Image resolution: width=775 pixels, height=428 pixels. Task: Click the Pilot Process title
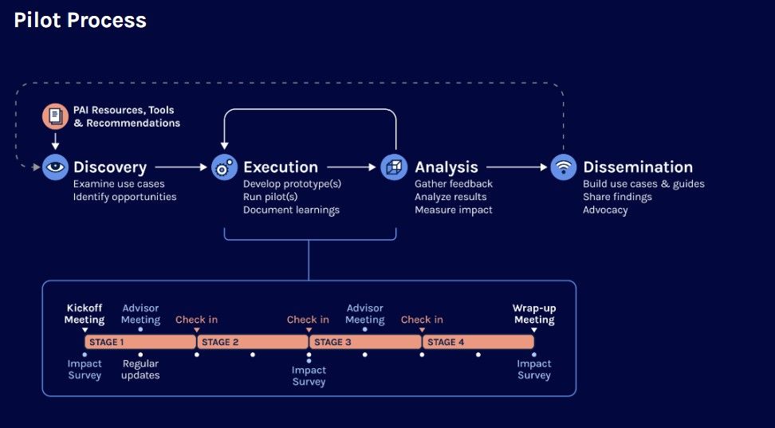click(x=80, y=20)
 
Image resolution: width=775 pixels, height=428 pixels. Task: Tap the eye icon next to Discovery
click(x=55, y=167)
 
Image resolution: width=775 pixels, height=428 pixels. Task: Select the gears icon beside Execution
click(x=224, y=167)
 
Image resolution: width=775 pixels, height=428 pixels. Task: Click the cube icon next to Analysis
click(x=394, y=167)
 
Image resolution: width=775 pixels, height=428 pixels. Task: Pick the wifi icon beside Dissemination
click(x=564, y=167)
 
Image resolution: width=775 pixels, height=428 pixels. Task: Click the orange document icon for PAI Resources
click(x=55, y=116)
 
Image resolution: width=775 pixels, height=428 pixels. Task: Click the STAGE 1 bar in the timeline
click(x=140, y=342)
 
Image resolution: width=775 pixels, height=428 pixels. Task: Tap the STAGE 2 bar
click(x=253, y=342)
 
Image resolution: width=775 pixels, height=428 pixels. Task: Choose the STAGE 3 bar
click(x=365, y=342)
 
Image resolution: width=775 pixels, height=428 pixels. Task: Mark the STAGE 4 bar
click(x=478, y=342)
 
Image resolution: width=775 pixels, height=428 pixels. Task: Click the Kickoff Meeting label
click(x=85, y=314)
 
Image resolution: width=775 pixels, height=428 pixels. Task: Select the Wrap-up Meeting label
click(x=534, y=314)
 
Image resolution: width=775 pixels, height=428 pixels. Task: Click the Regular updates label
click(x=141, y=370)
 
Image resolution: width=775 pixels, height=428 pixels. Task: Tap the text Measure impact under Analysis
click(x=453, y=210)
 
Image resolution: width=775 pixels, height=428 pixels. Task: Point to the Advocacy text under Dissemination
click(x=605, y=210)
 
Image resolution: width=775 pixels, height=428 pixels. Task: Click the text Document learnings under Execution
click(x=291, y=210)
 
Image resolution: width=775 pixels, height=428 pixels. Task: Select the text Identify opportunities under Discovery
click(x=124, y=197)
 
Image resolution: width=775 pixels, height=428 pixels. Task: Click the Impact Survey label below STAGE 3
click(x=309, y=375)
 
